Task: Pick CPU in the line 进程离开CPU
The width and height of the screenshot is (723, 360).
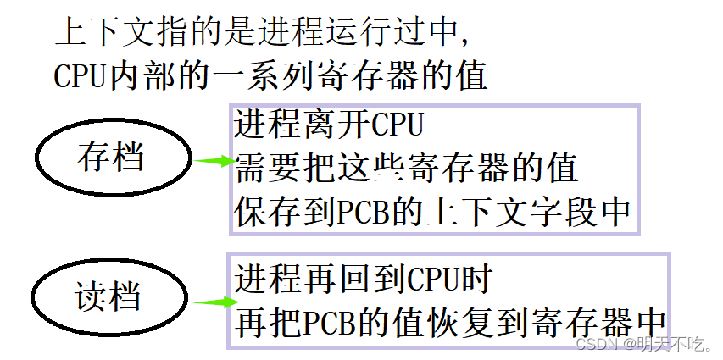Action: (x=397, y=125)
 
